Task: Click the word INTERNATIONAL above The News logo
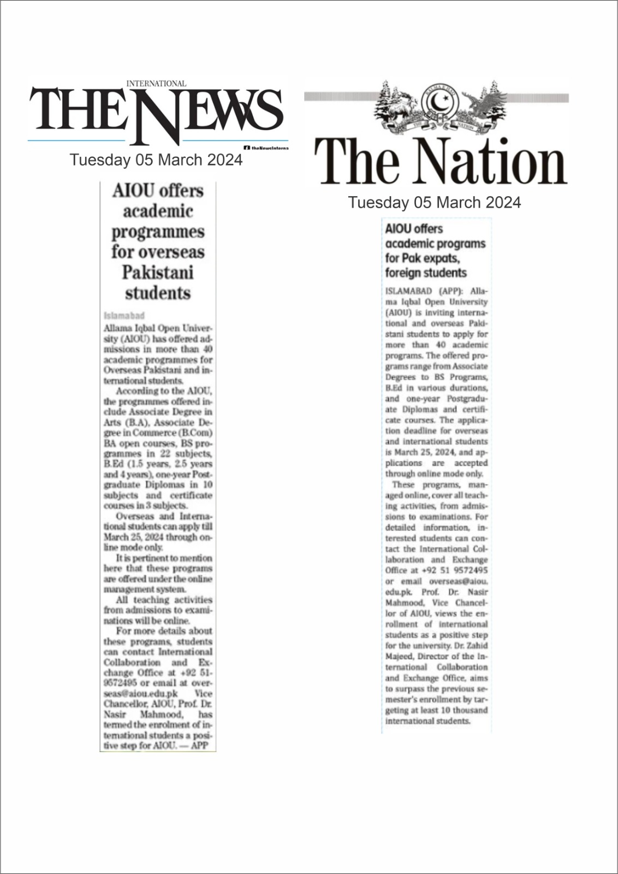(156, 84)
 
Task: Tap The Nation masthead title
(440, 162)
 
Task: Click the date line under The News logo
(156, 160)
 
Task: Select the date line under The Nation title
(435, 203)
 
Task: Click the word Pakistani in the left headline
(157, 272)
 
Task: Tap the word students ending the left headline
(157, 293)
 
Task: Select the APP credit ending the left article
(200, 746)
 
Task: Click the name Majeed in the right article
(399, 657)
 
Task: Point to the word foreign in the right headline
(403, 273)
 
